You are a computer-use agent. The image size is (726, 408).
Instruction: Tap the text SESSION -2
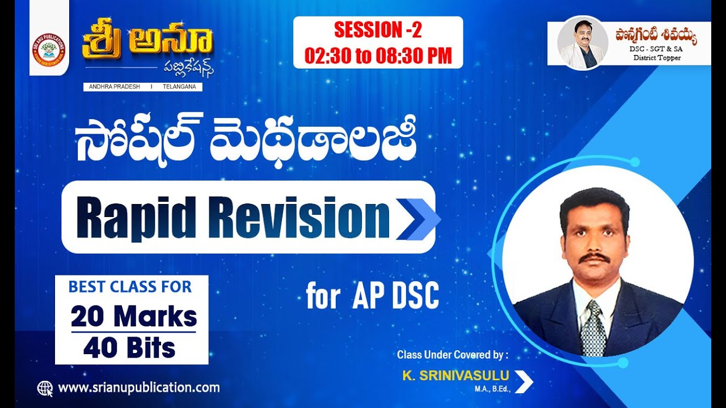(x=378, y=30)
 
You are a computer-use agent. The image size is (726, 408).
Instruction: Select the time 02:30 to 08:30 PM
(x=378, y=56)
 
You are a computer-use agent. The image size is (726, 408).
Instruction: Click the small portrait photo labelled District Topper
(x=582, y=43)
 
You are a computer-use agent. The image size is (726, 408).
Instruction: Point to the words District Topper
(x=657, y=58)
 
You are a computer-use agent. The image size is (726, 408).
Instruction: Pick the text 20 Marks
(x=134, y=317)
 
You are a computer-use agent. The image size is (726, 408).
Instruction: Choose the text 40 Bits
(x=129, y=348)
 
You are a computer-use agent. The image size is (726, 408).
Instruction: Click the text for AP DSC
(x=373, y=296)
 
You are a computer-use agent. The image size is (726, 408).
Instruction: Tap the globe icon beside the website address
(x=45, y=388)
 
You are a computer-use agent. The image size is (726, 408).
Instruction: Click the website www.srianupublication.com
(x=139, y=388)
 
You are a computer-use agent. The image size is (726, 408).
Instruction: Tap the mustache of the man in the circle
(x=595, y=258)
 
